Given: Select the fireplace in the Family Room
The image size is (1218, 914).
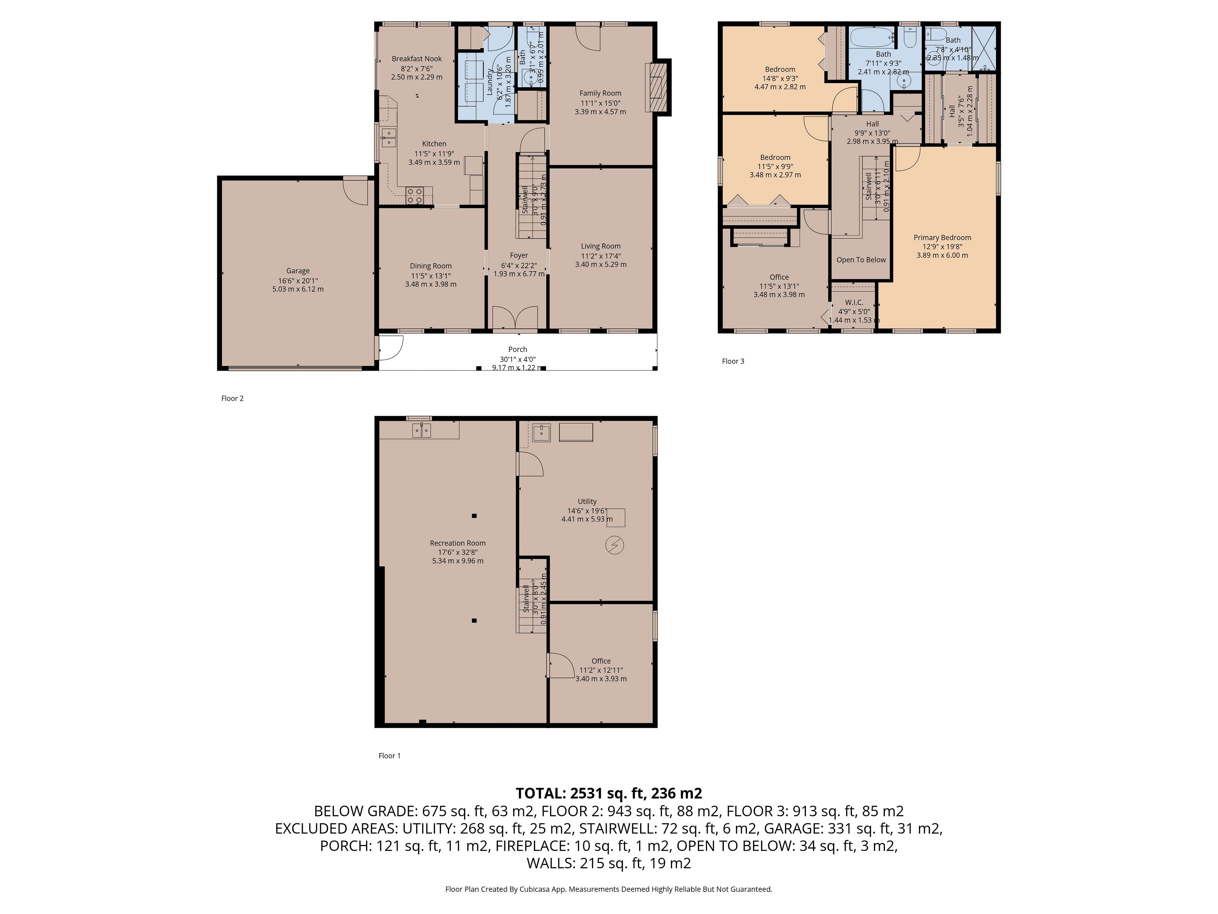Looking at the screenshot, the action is tap(656, 88).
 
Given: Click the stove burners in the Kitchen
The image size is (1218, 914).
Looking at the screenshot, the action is tap(415, 195).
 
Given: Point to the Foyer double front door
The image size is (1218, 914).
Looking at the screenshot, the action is tap(515, 318).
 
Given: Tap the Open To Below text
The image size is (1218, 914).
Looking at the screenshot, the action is tap(861, 260).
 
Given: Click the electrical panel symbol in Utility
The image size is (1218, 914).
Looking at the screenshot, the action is tap(614, 546).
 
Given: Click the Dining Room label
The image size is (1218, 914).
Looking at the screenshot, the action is tap(431, 266).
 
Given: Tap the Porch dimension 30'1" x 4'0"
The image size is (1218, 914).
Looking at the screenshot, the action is tap(518, 359).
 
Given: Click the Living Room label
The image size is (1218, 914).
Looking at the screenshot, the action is tap(601, 246).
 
